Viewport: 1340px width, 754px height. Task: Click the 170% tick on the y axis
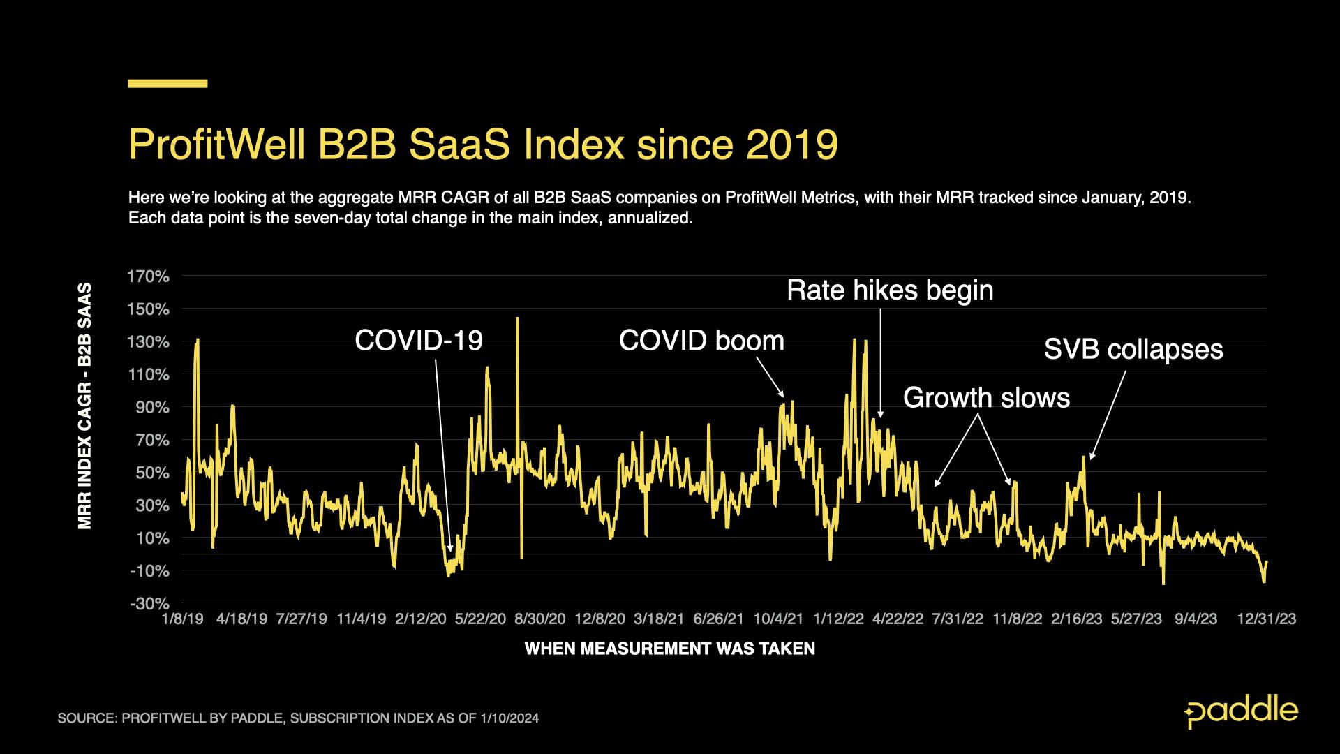coord(148,276)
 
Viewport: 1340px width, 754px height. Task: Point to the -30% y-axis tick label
coord(149,603)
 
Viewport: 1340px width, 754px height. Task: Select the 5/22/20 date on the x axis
coord(480,619)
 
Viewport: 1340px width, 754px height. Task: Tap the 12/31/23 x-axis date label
coord(1267,619)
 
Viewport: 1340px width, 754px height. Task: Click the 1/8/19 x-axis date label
coord(182,619)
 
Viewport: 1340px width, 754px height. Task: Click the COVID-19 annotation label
coord(419,341)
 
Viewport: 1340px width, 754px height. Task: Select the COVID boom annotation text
coord(701,341)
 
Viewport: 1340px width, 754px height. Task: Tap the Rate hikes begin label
coord(890,290)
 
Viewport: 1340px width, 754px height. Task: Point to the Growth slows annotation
coord(986,398)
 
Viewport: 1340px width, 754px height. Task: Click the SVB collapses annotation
coord(1133,349)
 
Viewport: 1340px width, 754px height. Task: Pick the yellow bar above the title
coord(167,84)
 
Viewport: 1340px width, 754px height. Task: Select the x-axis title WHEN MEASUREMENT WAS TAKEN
coord(670,649)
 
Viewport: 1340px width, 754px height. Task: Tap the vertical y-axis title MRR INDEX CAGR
coord(85,405)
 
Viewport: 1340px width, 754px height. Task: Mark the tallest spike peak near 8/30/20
coord(517,319)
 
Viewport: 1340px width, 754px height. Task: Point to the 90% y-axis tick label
coord(152,407)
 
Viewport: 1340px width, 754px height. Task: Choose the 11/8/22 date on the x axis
coord(1018,619)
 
